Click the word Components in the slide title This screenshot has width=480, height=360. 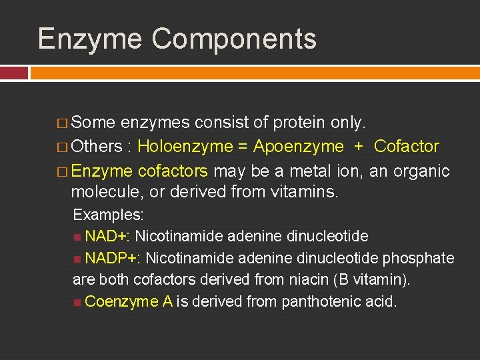[234, 39]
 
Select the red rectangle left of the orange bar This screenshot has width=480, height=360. [14, 73]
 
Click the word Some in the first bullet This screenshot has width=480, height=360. [94, 123]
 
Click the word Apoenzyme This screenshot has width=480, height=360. [299, 147]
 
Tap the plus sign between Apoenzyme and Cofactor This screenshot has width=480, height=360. [359, 147]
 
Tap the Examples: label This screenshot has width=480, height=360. [109, 215]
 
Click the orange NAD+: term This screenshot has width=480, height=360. [107, 237]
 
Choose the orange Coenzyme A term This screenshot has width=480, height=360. [129, 302]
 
